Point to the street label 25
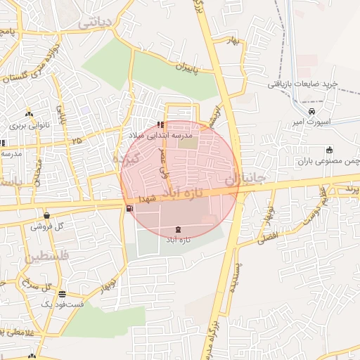[76, 141]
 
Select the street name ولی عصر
[164, 161]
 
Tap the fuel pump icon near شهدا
[129, 208]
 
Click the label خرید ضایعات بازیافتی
[302, 84]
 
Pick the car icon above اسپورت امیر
[311, 111]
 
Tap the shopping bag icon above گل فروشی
[46, 215]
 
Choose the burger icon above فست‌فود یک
[63, 294]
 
